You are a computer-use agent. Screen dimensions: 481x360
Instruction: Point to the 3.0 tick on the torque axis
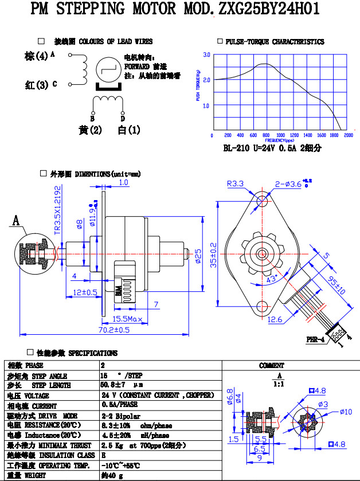coord(206,54)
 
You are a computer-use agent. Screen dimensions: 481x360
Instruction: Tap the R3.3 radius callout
coord(235,184)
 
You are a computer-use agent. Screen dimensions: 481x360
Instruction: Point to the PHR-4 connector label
coord(315,340)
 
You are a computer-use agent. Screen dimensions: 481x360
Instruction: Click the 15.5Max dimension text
coord(127,319)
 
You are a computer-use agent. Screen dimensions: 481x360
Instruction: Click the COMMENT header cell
coord(271,365)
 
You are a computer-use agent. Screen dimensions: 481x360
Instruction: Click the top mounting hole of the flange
coord(263,201)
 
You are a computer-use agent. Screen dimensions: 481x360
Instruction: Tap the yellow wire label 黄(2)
coord(90,130)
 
